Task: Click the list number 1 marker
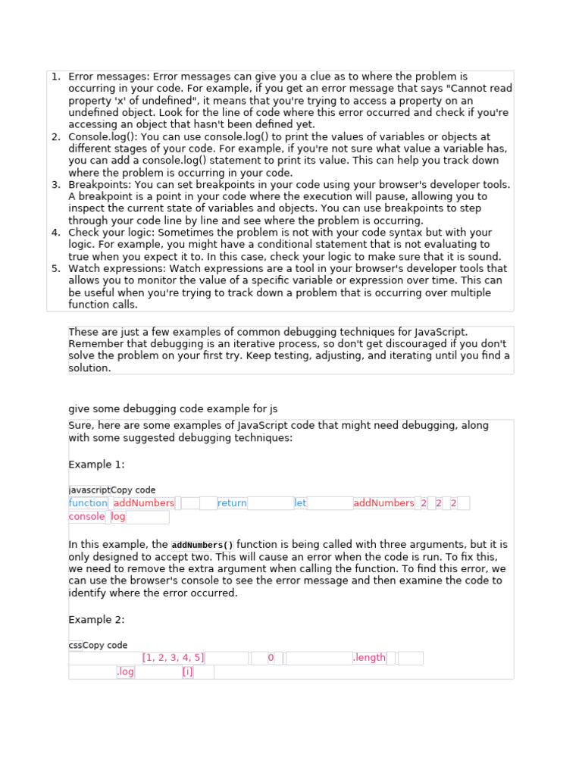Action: [55, 77]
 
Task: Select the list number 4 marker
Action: [55, 233]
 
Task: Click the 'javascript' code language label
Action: [89, 490]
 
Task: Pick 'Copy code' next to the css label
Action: [105, 646]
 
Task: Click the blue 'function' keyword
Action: [88, 503]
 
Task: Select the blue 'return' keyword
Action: [232, 503]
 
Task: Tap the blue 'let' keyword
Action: [300, 503]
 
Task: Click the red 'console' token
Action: [86, 517]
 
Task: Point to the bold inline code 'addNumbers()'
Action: [203, 545]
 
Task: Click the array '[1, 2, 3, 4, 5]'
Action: [174, 658]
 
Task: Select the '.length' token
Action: [369, 658]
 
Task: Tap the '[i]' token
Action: [187, 672]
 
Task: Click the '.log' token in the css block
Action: [125, 672]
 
